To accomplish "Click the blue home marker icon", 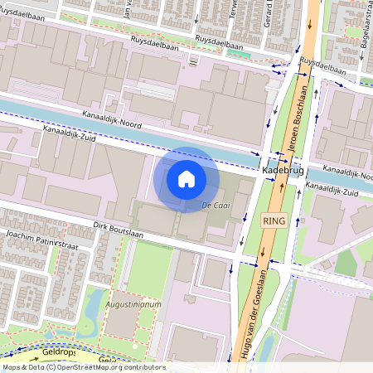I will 186,179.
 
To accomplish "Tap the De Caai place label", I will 215,205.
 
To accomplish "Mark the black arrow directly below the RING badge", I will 270,244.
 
